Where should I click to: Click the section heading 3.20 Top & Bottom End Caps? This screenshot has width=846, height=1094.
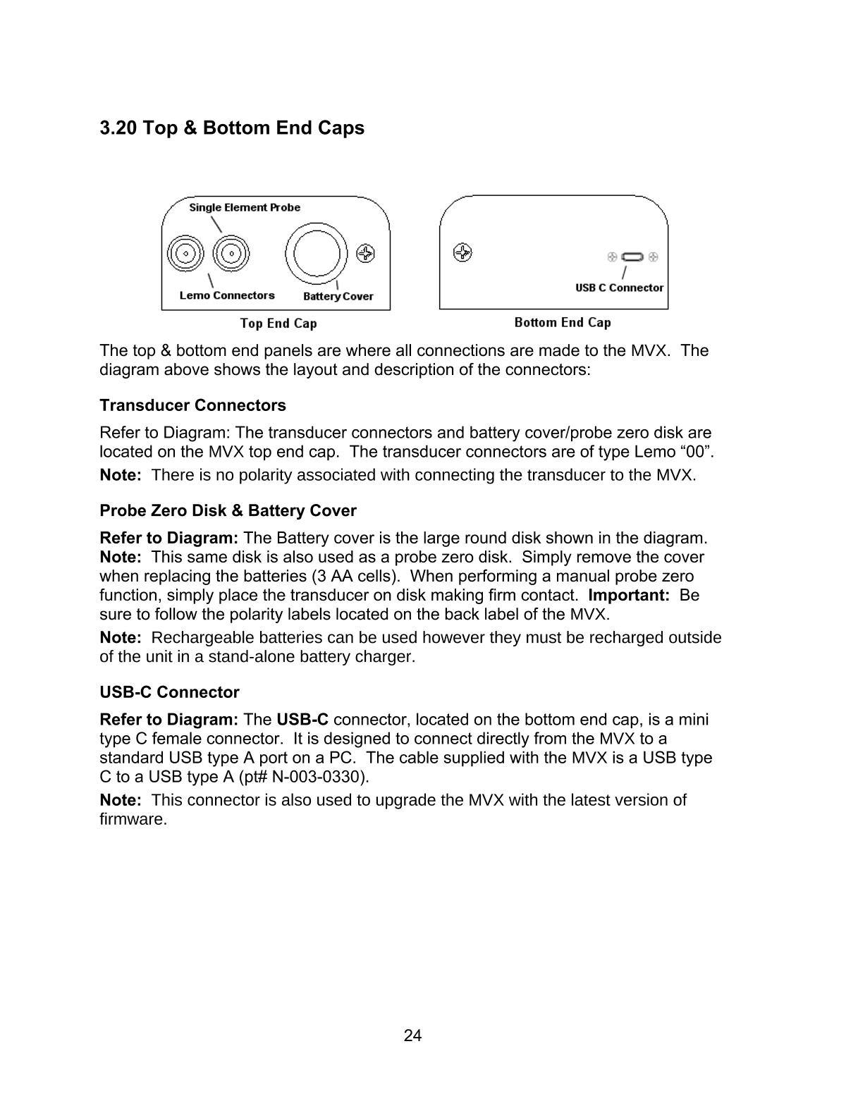[x=232, y=128]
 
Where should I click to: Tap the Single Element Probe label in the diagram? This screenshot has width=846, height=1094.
[x=245, y=207]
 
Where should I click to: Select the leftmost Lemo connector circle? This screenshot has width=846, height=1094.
[x=185, y=253]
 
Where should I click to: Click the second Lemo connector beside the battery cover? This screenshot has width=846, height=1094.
[x=231, y=253]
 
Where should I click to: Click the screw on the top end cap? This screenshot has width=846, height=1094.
[x=366, y=253]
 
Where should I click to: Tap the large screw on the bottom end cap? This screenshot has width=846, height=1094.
[x=462, y=252]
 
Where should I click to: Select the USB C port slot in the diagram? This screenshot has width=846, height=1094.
[x=632, y=257]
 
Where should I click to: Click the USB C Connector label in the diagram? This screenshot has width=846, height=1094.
[x=619, y=288]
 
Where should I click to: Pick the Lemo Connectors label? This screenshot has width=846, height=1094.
[x=227, y=295]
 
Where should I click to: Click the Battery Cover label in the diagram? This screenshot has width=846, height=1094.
[x=338, y=296]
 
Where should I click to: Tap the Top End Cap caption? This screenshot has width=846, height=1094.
[x=278, y=324]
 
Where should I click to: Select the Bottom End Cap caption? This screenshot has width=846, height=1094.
[x=563, y=322]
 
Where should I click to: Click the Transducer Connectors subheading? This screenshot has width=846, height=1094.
[x=192, y=405]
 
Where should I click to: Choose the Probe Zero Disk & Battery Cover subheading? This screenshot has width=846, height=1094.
[x=228, y=510]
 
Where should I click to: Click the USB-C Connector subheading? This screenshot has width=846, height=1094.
[x=169, y=692]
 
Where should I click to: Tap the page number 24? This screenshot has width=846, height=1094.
[x=413, y=1035]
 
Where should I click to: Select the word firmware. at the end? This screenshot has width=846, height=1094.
[x=133, y=819]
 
